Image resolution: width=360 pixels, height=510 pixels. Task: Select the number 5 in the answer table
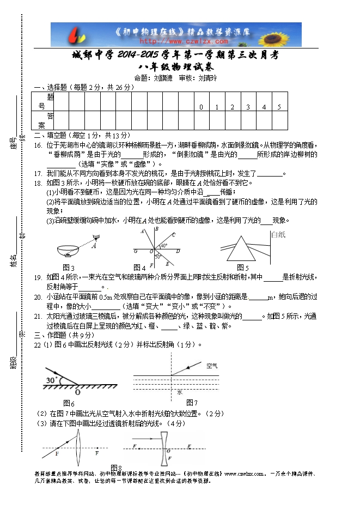[279, 107]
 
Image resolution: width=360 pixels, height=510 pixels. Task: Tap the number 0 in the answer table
[201, 107]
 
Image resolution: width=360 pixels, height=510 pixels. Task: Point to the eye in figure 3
[96, 237]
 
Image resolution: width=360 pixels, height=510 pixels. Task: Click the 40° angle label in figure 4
[163, 246]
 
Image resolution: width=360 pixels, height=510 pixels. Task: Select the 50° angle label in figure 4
[157, 256]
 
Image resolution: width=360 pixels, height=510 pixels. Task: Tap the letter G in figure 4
[135, 252]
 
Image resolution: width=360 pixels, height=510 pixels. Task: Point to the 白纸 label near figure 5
[278, 235]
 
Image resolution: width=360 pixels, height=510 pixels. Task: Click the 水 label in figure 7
[179, 392]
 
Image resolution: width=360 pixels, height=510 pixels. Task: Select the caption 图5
[242, 268]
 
